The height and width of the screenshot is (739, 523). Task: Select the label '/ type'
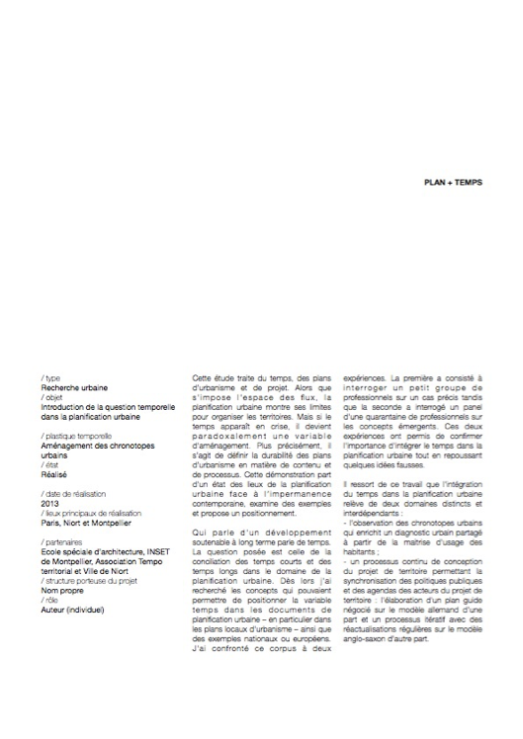pyautogui.click(x=48, y=379)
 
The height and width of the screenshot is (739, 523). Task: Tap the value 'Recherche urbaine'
pyautogui.click(x=75, y=388)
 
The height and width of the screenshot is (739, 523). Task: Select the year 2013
pyautogui.click(x=50, y=503)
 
